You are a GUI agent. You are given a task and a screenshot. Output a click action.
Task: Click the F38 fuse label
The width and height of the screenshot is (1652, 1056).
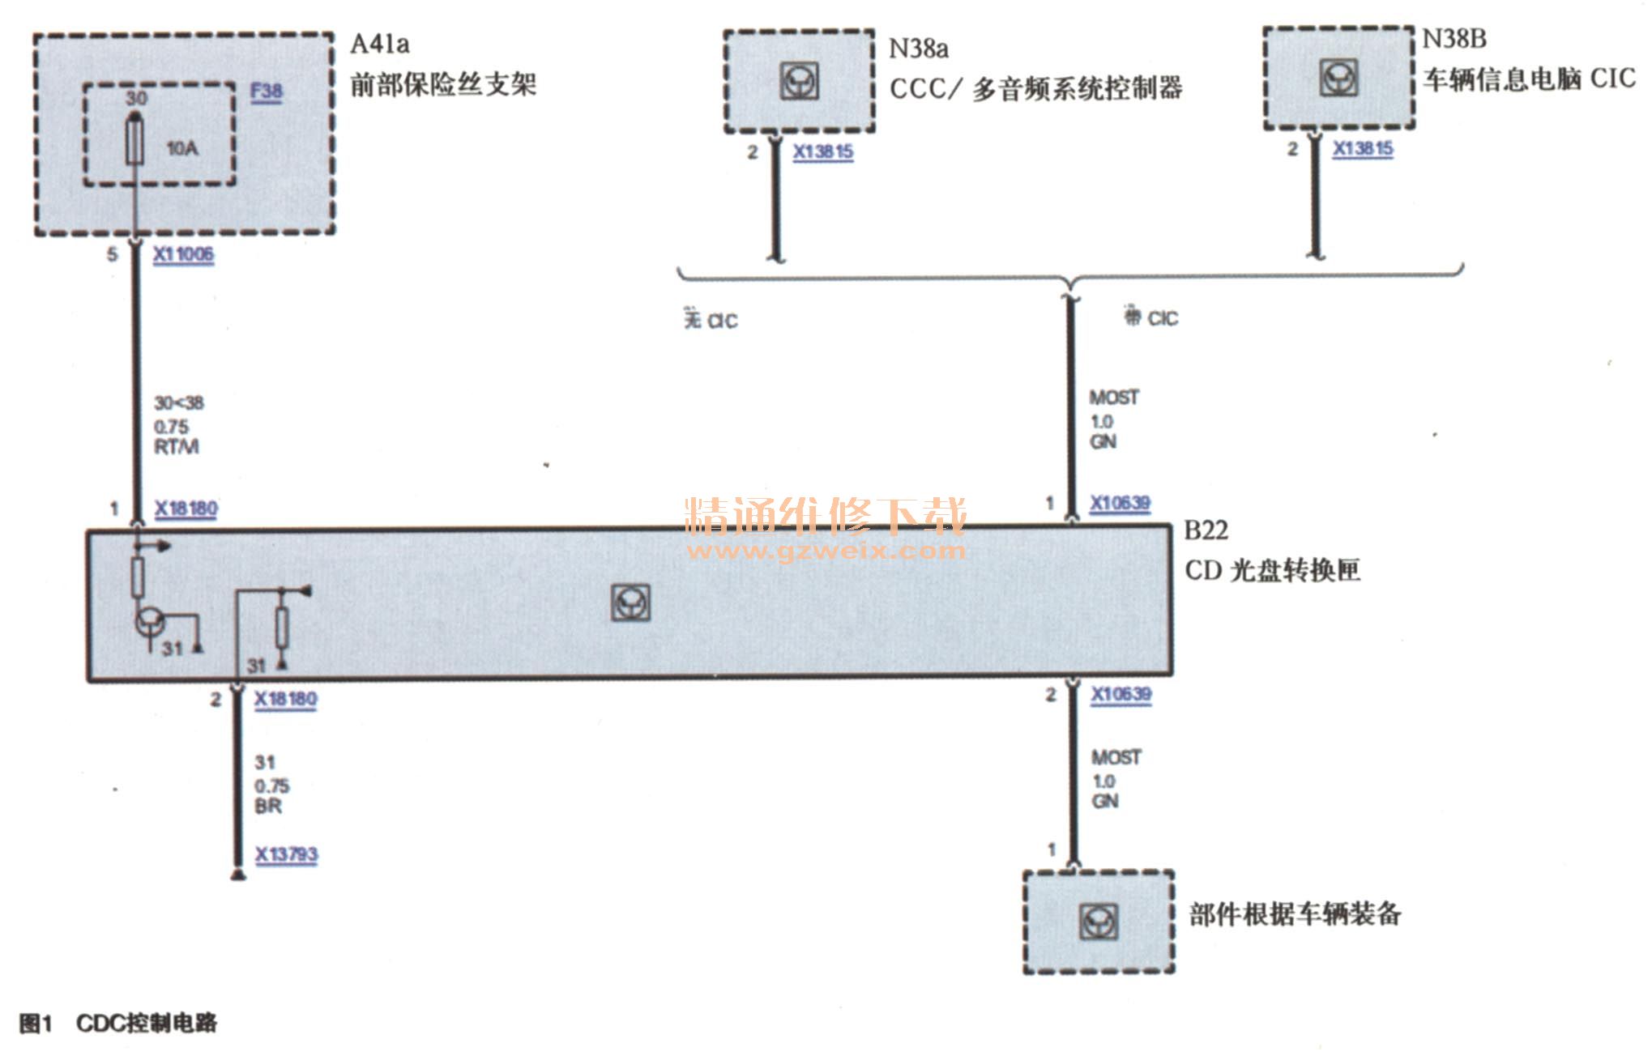click(266, 92)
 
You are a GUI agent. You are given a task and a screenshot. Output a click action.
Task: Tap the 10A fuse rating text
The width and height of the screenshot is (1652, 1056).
click(182, 148)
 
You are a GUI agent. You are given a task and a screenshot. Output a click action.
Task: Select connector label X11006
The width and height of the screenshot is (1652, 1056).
click(184, 254)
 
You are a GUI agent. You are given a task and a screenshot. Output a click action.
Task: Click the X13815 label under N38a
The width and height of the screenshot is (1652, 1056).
click(822, 152)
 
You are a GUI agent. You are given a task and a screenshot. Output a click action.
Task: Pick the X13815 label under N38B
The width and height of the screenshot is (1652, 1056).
click(1363, 149)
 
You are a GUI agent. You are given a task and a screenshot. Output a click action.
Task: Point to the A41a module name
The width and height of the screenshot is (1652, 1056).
click(379, 44)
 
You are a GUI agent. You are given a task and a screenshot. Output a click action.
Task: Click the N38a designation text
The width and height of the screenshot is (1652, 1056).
click(918, 49)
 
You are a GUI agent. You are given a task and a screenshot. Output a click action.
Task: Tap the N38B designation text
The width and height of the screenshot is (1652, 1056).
click(1454, 39)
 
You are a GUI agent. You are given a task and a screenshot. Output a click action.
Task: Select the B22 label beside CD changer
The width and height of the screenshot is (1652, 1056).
click(1206, 530)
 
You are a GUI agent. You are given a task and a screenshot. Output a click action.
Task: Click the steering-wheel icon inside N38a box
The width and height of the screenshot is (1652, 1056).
click(799, 81)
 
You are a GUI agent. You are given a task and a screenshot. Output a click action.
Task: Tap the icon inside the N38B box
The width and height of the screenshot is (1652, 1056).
click(1338, 78)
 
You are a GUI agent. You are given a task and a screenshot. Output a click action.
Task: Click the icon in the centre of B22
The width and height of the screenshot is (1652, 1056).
click(630, 603)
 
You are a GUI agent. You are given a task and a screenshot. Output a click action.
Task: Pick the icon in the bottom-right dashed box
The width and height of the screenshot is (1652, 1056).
click(1099, 922)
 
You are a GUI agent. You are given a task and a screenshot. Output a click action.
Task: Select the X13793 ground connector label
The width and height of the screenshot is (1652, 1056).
click(287, 854)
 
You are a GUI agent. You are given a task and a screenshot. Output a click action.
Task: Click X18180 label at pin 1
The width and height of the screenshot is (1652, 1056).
click(186, 509)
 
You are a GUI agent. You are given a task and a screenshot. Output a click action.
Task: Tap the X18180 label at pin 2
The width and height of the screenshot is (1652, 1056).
click(285, 699)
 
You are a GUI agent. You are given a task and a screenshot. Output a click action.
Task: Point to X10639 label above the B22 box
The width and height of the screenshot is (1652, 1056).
click(1120, 503)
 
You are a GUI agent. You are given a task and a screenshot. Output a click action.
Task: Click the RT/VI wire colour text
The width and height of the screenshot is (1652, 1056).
click(177, 447)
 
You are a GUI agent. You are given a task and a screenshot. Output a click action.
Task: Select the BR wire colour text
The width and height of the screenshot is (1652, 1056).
click(268, 807)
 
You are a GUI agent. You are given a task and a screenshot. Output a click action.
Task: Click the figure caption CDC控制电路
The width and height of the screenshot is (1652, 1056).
click(146, 1023)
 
